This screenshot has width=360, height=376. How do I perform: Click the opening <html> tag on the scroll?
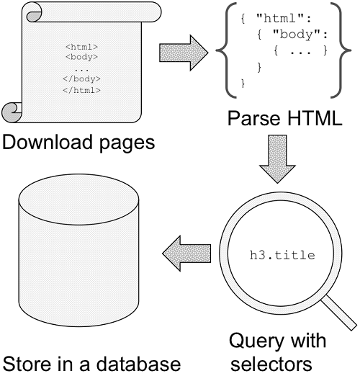81,47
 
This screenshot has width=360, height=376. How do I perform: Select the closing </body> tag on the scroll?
81,79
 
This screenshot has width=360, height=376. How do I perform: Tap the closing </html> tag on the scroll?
81,90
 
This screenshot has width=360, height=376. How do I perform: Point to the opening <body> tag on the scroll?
81,57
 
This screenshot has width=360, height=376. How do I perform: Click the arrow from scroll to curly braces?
184,53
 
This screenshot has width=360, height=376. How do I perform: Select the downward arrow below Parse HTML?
277,159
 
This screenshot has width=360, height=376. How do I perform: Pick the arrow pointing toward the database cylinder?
186,254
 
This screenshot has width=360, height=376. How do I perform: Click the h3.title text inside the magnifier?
282,255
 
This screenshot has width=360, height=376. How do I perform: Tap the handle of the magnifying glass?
339,313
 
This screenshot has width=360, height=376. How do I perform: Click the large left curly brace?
225,50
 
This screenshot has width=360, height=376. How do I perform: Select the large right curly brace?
341,50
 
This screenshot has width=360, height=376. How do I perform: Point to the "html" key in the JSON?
280,18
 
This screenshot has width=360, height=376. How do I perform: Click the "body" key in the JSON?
297,35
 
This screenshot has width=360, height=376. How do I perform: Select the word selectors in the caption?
271,364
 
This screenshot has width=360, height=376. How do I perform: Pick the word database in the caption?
138,364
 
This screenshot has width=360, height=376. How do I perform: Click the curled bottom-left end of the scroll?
12,112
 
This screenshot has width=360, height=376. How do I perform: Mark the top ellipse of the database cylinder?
78,200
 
